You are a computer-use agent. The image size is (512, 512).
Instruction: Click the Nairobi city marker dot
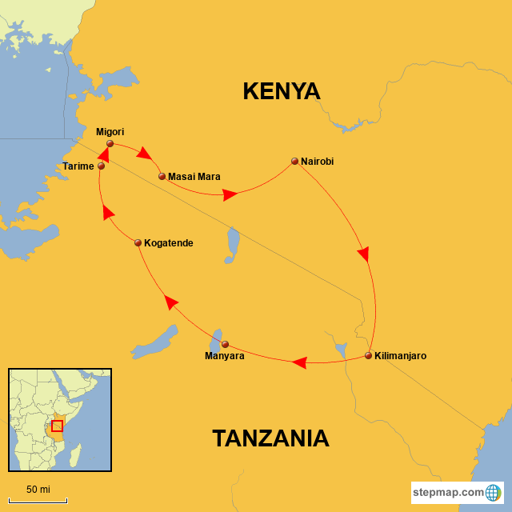(x=294, y=161)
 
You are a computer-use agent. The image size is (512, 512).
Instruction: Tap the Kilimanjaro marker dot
(x=368, y=355)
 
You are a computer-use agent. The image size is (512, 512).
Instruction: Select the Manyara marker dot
(x=225, y=344)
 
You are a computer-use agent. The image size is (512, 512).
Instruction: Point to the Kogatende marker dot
(x=138, y=242)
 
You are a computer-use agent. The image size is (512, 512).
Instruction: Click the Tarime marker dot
(x=101, y=166)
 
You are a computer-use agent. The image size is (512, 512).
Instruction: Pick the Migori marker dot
(x=110, y=144)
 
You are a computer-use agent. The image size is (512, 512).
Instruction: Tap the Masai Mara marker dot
(x=162, y=176)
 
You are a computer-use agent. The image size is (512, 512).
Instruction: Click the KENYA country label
(x=282, y=92)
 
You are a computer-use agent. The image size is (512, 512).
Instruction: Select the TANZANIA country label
(x=270, y=438)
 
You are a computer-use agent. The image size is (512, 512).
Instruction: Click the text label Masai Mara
(x=194, y=176)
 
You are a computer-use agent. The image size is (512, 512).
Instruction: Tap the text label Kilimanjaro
(x=401, y=355)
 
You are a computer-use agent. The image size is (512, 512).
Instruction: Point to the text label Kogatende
(x=169, y=242)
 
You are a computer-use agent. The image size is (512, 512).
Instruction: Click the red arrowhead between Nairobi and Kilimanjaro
(x=363, y=254)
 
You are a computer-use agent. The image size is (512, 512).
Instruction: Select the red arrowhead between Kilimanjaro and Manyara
(x=299, y=362)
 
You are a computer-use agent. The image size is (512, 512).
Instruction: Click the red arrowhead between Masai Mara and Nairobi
(x=230, y=194)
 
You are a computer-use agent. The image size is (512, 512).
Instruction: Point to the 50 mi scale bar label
(x=38, y=489)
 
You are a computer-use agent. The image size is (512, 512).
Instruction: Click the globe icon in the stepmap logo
(x=494, y=491)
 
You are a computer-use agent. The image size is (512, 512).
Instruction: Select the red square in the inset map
(x=57, y=426)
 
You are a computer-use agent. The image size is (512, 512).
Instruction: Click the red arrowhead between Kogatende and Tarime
(x=108, y=212)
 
